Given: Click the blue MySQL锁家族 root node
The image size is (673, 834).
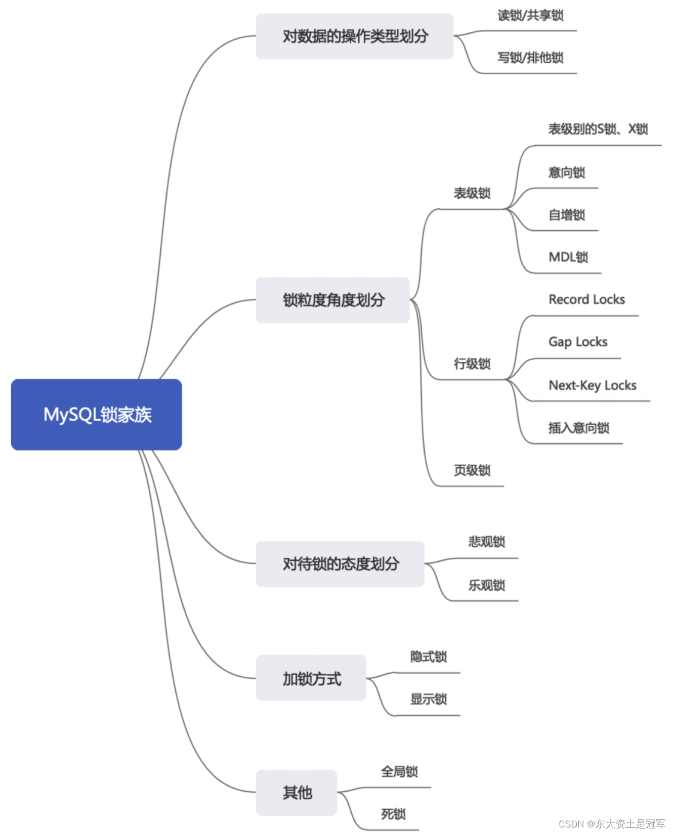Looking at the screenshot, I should tap(96, 414).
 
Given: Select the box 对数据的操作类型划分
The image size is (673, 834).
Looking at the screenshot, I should tap(354, 36).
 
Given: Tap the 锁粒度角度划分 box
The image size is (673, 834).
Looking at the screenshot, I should tap(332, 300).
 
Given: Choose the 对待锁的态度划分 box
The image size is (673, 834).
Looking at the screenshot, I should tap(340, 564).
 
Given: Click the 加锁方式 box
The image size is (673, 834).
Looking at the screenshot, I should tap(311, 678).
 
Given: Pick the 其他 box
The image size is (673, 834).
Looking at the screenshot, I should tap(297, 793).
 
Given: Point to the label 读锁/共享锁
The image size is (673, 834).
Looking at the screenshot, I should tap(530, 16).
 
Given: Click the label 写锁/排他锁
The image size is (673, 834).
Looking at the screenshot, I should tap(530, 58).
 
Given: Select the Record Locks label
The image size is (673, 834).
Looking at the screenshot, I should tap(586, 300).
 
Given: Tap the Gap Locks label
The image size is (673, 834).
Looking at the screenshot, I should tap(578, 342).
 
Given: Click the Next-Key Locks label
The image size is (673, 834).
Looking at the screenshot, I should tap(593, 385).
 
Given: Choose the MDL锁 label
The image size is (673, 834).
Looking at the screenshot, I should tap(568, 257).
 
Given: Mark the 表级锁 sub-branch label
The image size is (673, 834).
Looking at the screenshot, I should tap(472, 193).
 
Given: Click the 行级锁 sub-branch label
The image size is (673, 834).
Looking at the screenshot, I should tap(472, 364).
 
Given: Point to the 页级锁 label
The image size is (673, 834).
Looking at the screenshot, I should tap(472, 470).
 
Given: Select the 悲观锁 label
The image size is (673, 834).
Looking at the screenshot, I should tap(486, 542).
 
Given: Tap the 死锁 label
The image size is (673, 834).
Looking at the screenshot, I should tap(393, 814).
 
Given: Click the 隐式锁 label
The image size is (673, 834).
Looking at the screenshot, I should tap(428, 657).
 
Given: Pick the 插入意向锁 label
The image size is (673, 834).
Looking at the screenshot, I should tap(578, 428).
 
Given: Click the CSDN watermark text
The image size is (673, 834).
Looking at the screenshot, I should tap(612, 824).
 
